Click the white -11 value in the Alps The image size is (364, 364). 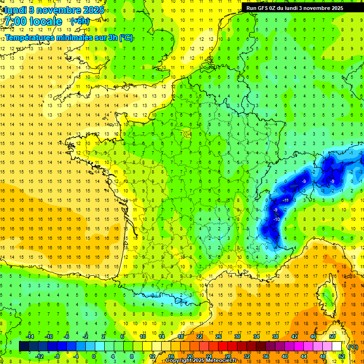pyautogui.click(x=285, y=200)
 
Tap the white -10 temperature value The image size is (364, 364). pyautogui.click(x=276, y=219)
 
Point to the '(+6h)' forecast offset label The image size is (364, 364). pyautogui.click(x=79, y=21)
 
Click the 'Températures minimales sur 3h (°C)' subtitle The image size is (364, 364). pyautogui.click(x=69, y=38)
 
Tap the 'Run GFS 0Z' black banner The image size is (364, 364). pyautogui.click(x=302, y=8)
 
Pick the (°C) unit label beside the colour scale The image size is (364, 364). pyautogui.click(x=353, y=347)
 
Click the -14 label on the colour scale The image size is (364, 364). pyautogui.click(x=29, y=336)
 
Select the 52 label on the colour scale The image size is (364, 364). pyautogui.click(x=341, y=356)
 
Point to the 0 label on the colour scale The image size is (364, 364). pyautogui.click(x=94, y=356)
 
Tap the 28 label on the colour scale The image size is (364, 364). pyautogui.click(x=227, y=356)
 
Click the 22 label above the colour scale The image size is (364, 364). pyautogui.click(x=200, y=336)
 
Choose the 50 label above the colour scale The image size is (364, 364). pyautogui.click(x=332, y=336)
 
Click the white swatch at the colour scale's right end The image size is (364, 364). pyautogui.click(x=337, y=346)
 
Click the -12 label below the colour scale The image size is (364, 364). pyautogui.click(x=39, y=356)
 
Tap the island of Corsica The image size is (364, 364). pyautogui.click(x=327, y=296)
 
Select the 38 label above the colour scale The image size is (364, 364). pyautogui.click(x=275, y=336)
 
